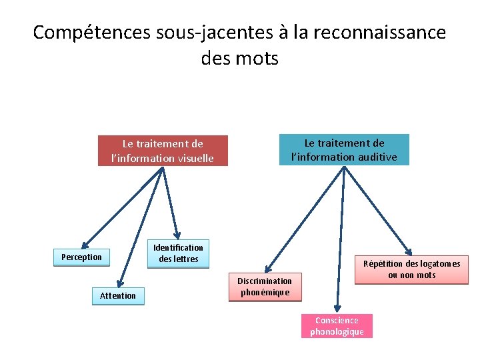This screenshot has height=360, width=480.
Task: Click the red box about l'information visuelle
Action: point(163,151)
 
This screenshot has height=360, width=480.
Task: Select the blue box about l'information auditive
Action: point(343,149)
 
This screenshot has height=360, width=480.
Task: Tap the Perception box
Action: point(81,257)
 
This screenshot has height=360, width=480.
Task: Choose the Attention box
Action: point(117,295)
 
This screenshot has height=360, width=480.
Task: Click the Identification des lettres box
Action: point(178,253)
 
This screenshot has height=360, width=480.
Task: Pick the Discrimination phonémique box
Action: point(265,287)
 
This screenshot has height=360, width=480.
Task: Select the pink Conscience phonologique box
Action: point(337,326)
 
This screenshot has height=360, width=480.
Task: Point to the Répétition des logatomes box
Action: point(411,269)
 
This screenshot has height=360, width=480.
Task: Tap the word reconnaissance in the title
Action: point(376,32)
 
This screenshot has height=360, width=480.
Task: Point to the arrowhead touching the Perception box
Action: point(85,245)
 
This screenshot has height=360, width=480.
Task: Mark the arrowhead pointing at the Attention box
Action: point(121,284)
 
